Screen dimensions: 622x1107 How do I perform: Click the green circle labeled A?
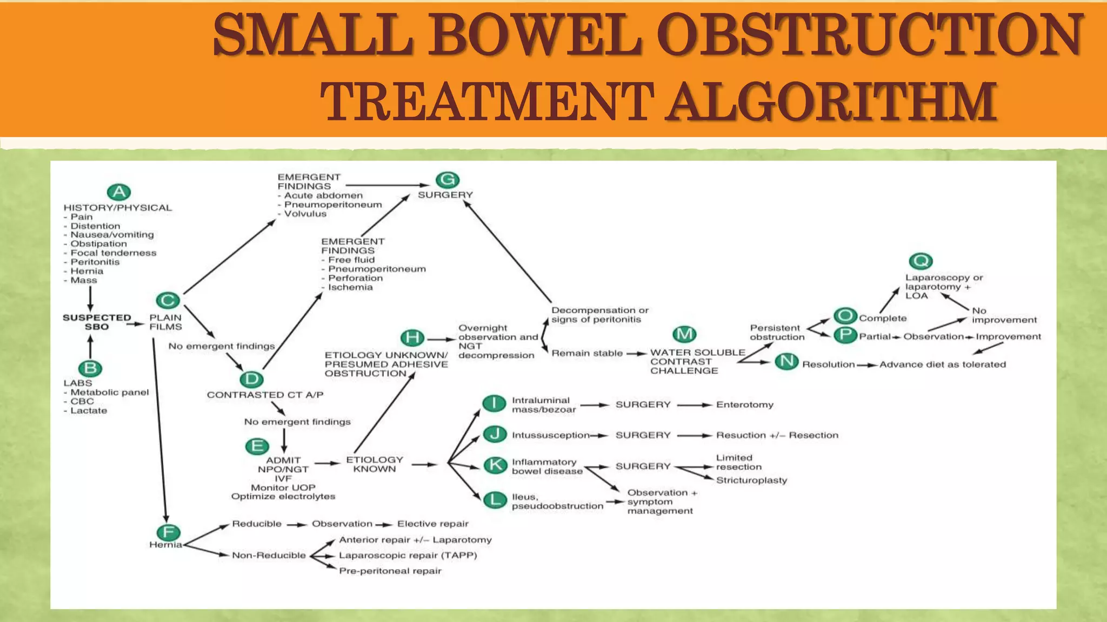119,192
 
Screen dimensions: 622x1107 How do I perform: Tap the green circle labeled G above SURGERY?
448,180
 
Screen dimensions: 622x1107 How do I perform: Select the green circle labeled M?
684,334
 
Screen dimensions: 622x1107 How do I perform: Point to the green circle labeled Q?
921,261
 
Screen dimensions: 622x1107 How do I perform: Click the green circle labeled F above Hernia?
168,533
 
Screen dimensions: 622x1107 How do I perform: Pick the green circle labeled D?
251,379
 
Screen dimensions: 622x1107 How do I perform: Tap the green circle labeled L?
494,500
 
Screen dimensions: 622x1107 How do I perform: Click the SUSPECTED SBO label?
97,322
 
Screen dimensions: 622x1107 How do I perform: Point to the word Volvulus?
305,214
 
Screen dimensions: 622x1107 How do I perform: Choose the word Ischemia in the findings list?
350,287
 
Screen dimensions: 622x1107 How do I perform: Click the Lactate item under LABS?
89,411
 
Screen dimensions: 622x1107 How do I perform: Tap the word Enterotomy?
744,405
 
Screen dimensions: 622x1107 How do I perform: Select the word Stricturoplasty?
751,481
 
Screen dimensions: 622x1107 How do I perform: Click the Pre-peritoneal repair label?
390,571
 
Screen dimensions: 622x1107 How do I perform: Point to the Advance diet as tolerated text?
942,365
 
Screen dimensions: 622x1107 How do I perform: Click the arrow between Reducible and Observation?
297,525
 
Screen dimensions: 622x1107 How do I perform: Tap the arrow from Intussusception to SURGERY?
599,436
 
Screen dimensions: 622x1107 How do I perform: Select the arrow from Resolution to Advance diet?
867,366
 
